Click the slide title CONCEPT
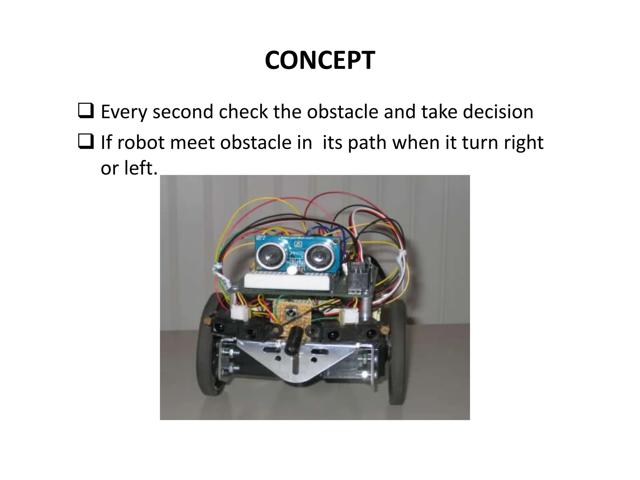point(320,60)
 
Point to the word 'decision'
point(498,112)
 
